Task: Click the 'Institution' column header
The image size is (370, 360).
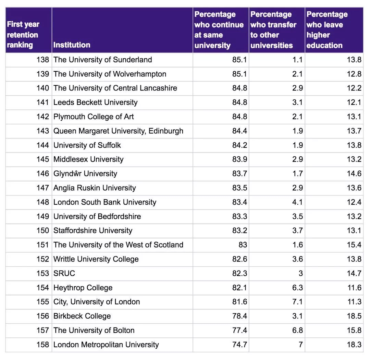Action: click(72, 45)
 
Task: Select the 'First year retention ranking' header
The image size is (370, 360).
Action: click(23, 35)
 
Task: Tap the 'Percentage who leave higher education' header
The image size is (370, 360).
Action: click(327, 30)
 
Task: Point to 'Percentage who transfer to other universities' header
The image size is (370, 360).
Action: click(273, 30)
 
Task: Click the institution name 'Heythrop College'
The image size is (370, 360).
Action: click(83, 288)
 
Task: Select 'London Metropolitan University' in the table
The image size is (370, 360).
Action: click(106, 345)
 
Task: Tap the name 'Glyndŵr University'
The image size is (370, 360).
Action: click(85, 173)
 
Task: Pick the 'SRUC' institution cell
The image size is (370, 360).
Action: click(64, 273)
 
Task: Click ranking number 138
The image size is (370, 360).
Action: click(43, 60)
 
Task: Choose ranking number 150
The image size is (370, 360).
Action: click(43, 230)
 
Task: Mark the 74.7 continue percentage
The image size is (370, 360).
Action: click(239, 345)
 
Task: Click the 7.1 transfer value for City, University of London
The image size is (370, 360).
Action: click(297, 302)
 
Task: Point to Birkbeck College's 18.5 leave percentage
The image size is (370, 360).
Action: click(354, 316)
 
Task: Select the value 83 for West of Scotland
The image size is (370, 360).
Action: click(243, 245)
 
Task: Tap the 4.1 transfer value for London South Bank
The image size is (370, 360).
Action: click(297, 202)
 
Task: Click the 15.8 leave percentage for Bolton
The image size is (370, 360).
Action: click(354, 331)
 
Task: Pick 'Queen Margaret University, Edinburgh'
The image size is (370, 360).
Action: click(118, 131)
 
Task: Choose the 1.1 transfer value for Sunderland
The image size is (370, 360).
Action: click(297, 60)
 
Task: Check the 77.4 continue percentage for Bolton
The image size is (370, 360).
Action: click(239, 331)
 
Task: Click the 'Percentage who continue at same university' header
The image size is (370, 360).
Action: click(219, 30)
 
